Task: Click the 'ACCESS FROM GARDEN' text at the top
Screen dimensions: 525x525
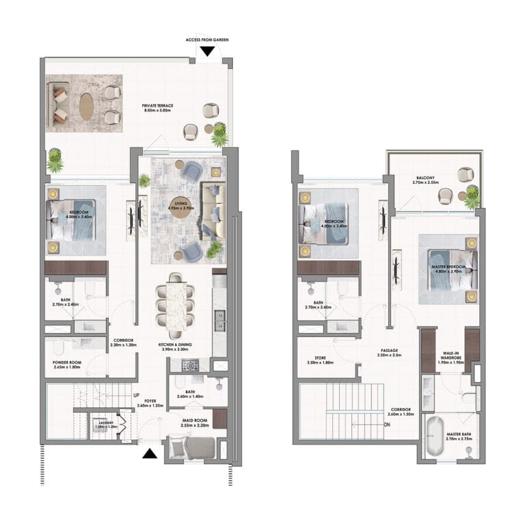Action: click(207, 40)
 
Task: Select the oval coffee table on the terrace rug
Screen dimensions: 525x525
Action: click(87, 107)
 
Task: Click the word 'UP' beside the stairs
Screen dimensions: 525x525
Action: click(137, 394)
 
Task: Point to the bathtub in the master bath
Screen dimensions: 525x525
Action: click(434, 437)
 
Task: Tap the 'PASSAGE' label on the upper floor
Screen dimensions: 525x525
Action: click(390, 351)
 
